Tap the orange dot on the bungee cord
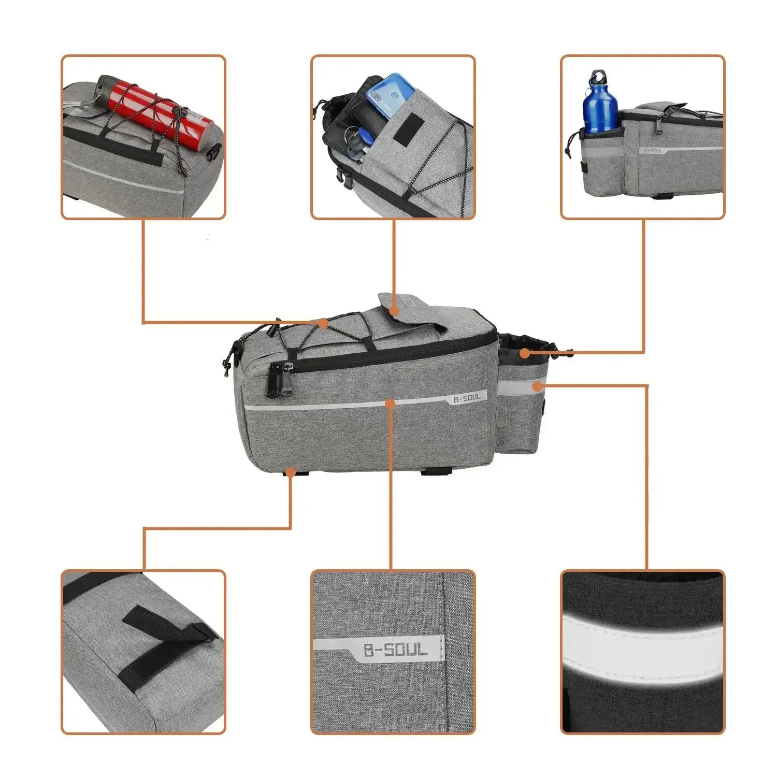[323, 323]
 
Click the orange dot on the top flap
[394, 310]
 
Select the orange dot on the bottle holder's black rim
[525, 353]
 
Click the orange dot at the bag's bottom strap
[291, 472]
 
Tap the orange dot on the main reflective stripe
[391, 403]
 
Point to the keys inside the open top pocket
[357, 140]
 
